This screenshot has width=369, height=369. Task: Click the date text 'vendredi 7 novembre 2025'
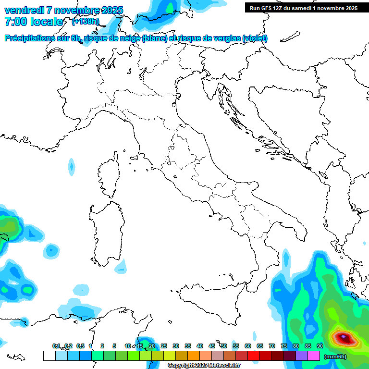pyautogui.click(x=63, y=10)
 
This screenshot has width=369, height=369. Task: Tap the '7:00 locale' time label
pyautogui.click(x=33, y=22)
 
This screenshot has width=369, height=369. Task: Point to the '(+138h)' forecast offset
pyautogui.click(x=85, y=21)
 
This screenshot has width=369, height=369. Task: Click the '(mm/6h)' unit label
pyautogui.click(x=335, y=357)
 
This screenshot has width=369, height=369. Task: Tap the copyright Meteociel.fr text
pyautogui.click(x=204, y=366)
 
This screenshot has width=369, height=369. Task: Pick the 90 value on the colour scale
pyautogui.click(x=320, y=346)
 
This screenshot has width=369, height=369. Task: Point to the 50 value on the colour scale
pyautogui.click(x=224, y=346)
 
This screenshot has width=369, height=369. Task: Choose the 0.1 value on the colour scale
pyautogui.click(x=56, y=346)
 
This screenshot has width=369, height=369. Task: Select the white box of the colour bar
pyautogui.click(x=49, y=356)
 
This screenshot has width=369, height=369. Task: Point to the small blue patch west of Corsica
pyautogui.click(x=72, y=167)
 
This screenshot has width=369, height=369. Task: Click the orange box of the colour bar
pyautogui.click(x=194, y=356)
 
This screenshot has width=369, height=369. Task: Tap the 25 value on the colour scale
pyautogui.click(x=164, y=346)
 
